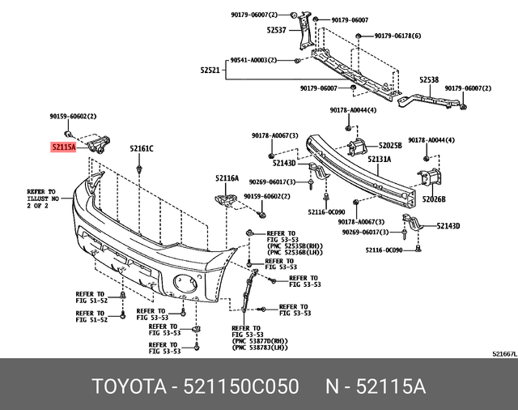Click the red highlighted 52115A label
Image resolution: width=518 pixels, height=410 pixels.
tap(62, 148)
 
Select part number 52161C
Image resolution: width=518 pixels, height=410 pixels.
tap(142, 148)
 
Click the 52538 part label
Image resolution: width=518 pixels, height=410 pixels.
tap(429, 80)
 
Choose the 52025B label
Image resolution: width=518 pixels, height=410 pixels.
tap(390, 145)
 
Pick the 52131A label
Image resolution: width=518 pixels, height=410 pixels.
tap(379, 160)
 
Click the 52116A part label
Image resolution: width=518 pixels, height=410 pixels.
tap(227, 177)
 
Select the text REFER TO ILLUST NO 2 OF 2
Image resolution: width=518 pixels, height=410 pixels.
tap(43, 198)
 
